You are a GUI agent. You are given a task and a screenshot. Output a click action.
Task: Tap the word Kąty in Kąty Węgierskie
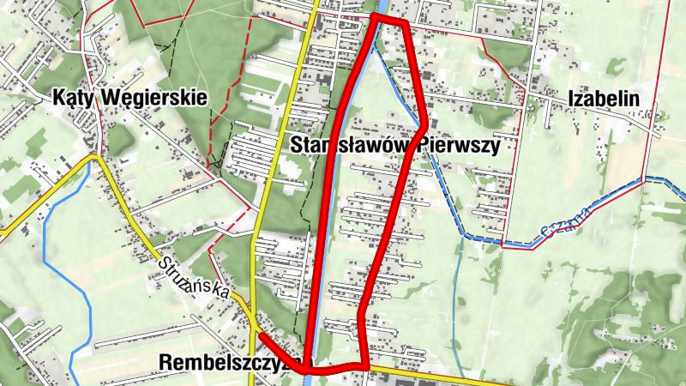[x=73, y=97]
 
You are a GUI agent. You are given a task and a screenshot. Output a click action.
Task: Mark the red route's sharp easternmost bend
[x=424, y=125]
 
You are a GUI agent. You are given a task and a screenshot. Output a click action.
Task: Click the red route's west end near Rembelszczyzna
[x=260, y=335]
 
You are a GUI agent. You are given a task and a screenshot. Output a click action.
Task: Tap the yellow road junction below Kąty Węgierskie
[x=96, y=157]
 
